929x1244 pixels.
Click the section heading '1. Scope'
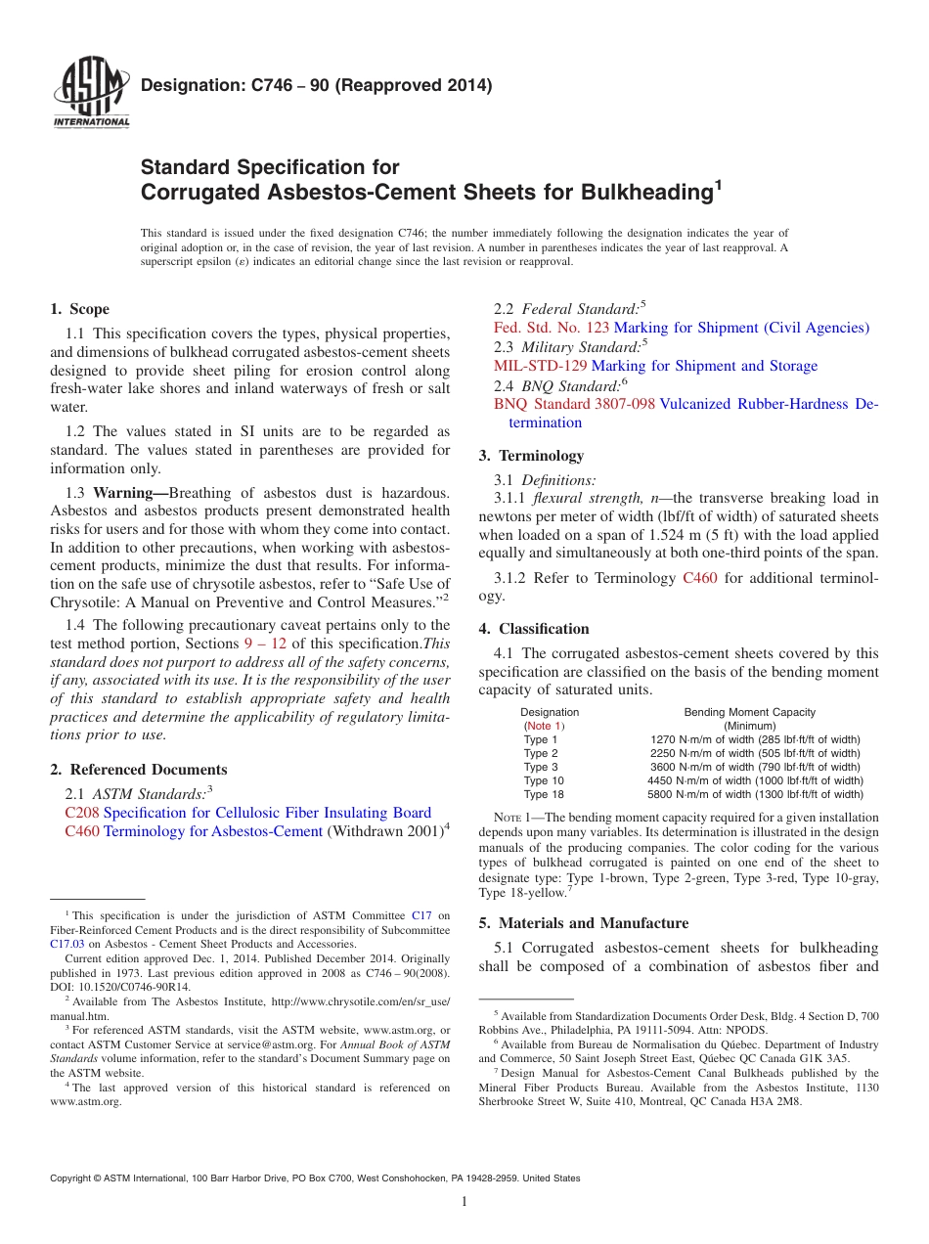click(79, 309)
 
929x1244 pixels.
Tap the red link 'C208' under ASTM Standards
click(81, 813)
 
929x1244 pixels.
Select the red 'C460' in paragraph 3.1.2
click(699, 578)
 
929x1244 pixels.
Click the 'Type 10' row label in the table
click(544, 780)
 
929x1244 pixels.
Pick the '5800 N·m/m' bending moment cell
click(755, 794)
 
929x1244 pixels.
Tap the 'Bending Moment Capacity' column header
click(749, 712)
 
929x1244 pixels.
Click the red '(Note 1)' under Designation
click(544, 726)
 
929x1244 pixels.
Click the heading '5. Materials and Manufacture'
click(583, 923)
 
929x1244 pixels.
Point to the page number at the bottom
click(464, 1202)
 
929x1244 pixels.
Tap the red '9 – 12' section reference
click(264, 644)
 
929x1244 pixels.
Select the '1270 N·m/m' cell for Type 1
click(755, 739)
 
